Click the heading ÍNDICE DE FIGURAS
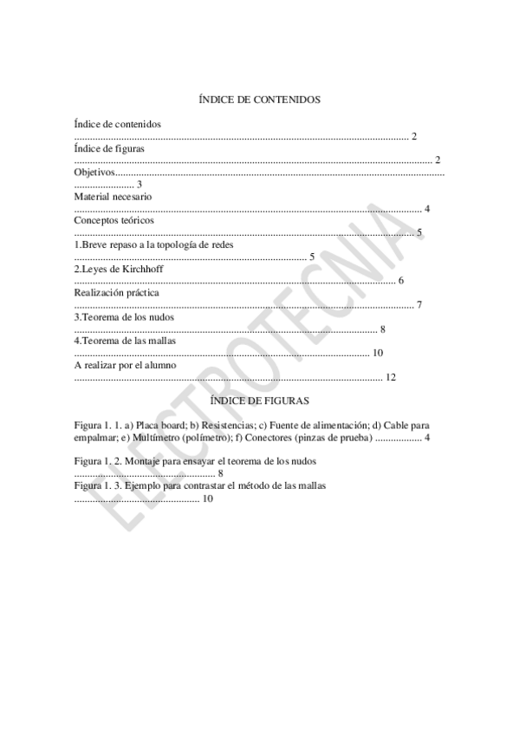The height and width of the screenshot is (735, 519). (x=260, y=401)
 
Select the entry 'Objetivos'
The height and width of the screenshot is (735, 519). (x=94, y=172)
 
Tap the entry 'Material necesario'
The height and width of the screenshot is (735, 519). (x=113, y=197)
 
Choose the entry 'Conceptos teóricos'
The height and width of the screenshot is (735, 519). (x=114, y=221)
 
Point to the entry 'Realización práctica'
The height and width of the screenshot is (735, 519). (x=116, y=293)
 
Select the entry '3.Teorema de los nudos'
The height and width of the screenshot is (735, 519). (x=124, y=317)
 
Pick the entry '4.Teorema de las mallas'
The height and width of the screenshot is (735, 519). (x=126, y=341)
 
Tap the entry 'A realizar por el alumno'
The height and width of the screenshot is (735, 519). (x=125, y=366)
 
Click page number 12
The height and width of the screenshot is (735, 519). (x=390, y=378)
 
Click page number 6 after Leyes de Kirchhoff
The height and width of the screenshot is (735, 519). (x=400, y=281)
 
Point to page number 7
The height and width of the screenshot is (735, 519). (x=418, y=305)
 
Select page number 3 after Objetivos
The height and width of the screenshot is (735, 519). (x=139, y=185)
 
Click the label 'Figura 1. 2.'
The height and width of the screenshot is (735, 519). (x=97, y=462)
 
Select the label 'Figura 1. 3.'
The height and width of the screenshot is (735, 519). (x=97, y=486)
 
